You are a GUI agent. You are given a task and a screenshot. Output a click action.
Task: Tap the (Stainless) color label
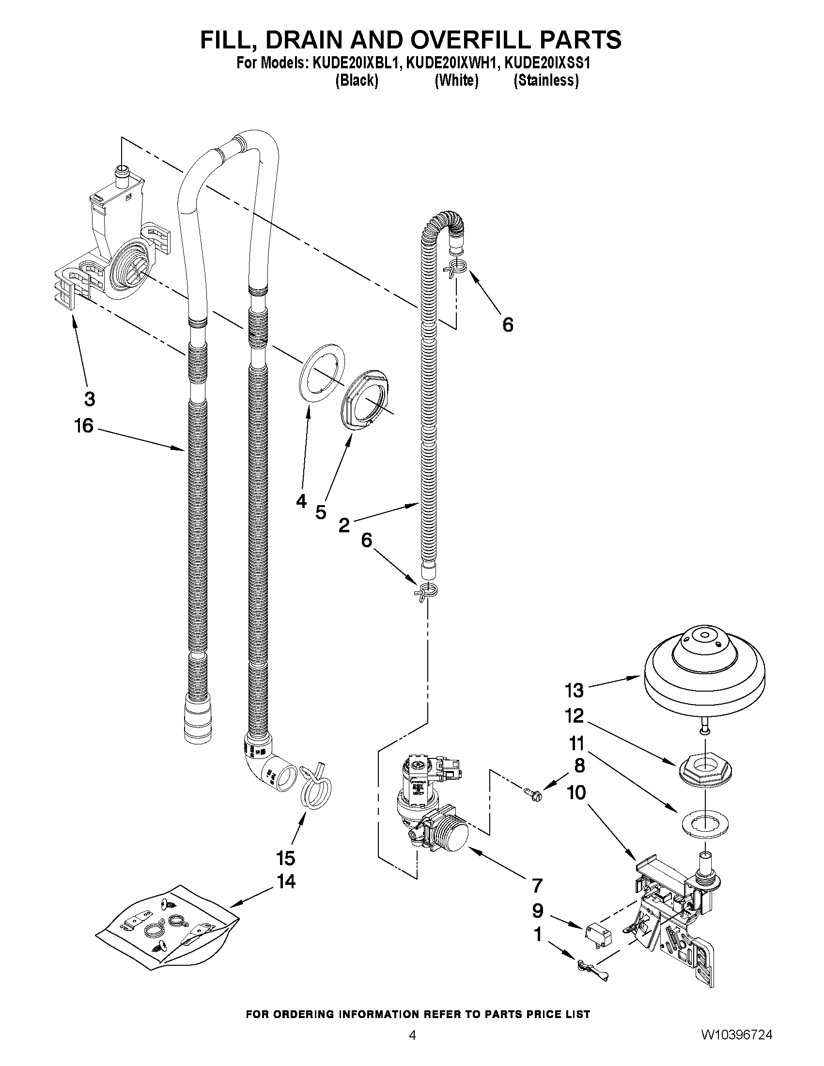546,80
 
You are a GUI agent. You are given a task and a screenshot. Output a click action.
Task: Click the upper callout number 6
508,324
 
